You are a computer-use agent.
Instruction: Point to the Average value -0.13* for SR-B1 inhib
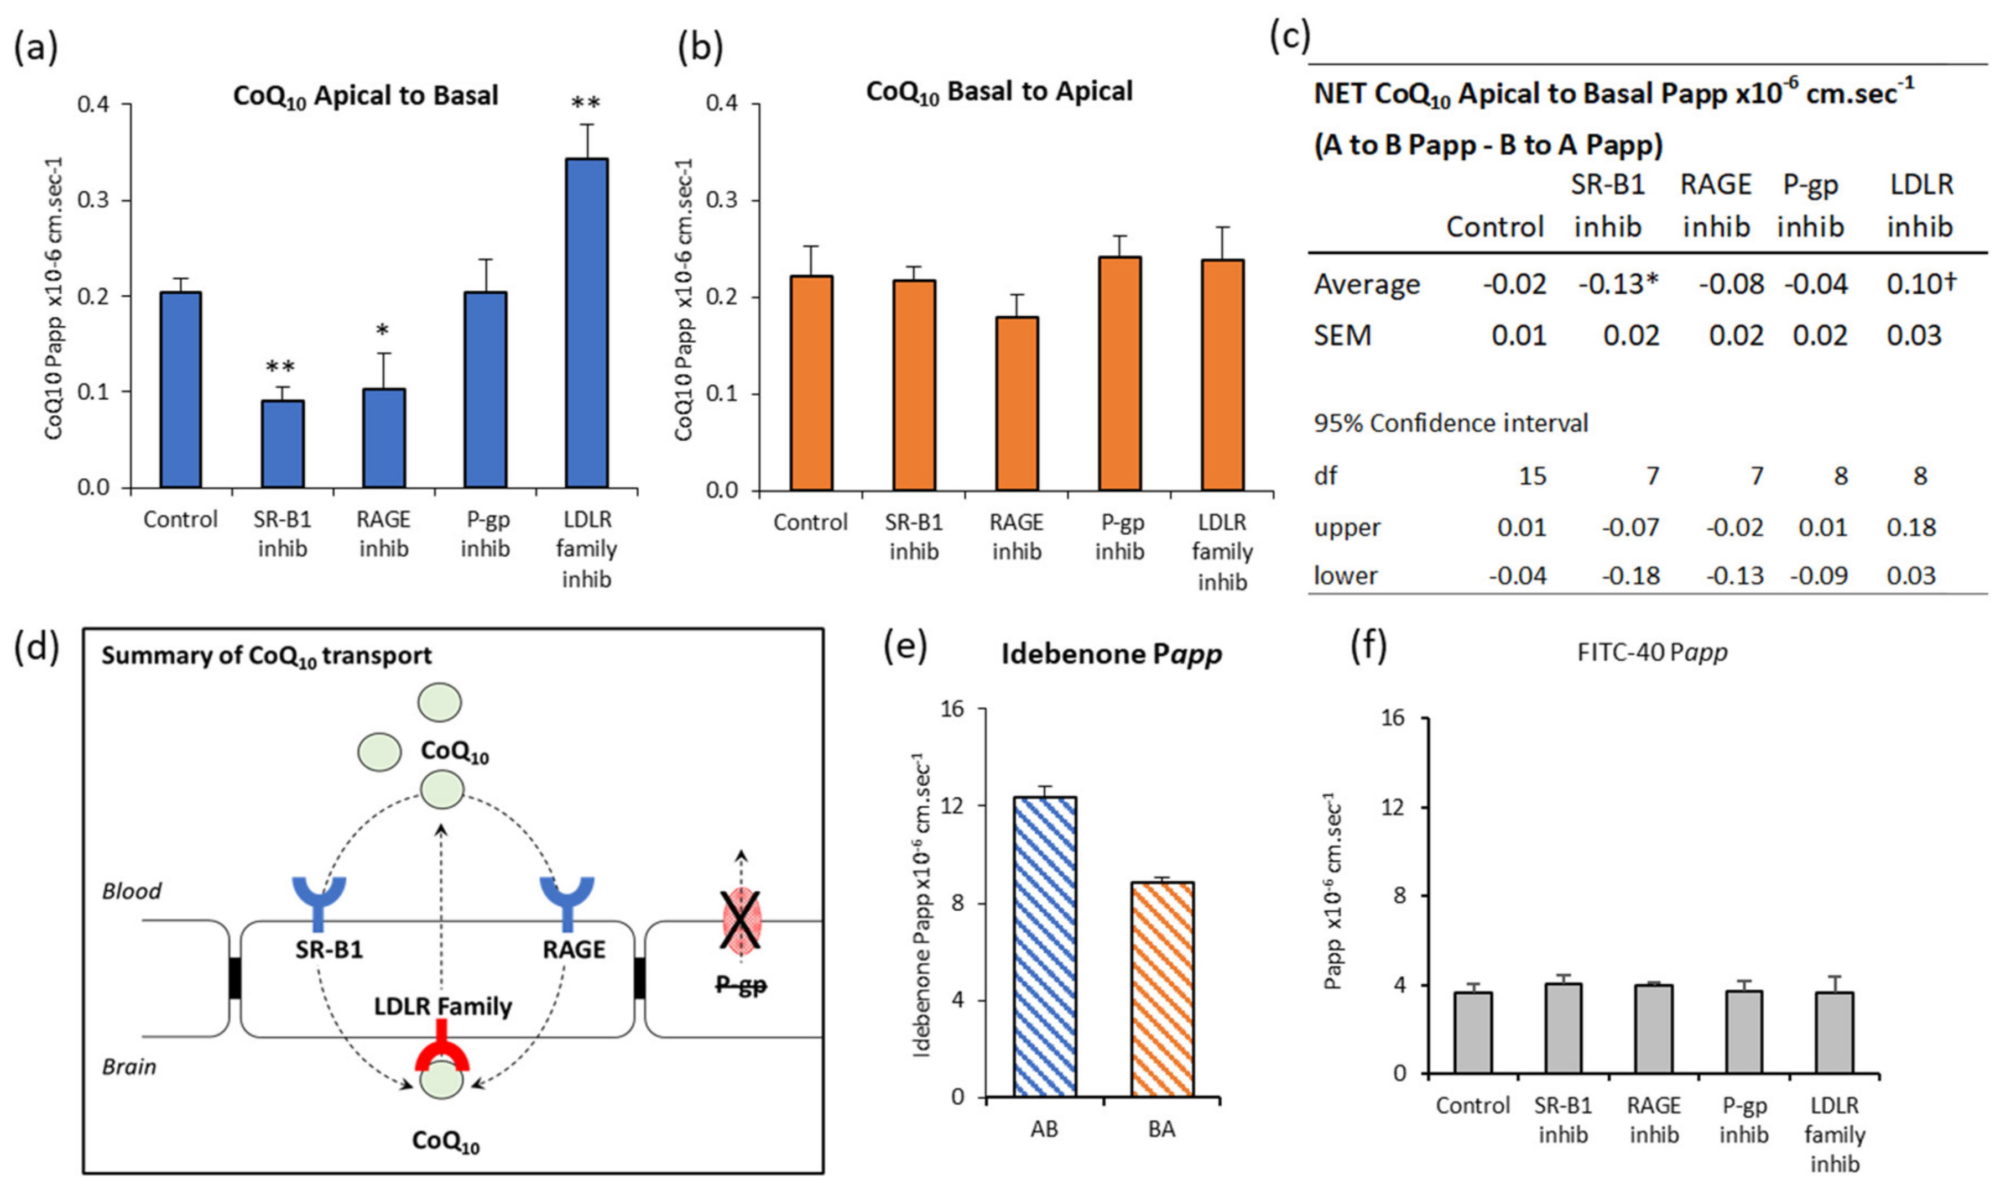tap(1617, 284)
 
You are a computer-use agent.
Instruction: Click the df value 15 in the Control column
tap(1531, 476)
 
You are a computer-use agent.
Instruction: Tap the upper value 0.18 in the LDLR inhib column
tap(1911, 527)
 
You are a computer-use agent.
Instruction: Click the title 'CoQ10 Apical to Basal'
tap(365, 96)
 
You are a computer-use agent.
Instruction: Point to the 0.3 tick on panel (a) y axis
tap(93, 200)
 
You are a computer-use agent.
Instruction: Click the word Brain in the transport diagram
tap(128, 1067)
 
